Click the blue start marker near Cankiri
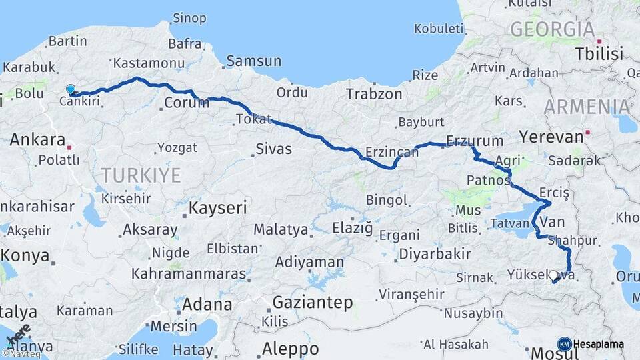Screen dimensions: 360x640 click(71, 89)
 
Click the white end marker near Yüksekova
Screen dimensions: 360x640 click(553, 275)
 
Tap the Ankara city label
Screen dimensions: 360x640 click(37, 140)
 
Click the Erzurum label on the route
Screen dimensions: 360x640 click(475, 141)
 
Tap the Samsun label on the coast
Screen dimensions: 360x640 click(253, 61)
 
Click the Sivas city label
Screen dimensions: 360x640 click(274, 149)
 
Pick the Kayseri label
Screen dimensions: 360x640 click(218, 207)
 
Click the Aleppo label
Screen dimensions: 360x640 click(290, 349)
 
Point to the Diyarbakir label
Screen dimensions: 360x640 click(435, 253)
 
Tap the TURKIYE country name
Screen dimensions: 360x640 click(141, 175)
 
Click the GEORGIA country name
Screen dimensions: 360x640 click(552, 29)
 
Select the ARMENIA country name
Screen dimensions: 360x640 click(586, 107)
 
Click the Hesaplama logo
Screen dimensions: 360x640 click(590, 344)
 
